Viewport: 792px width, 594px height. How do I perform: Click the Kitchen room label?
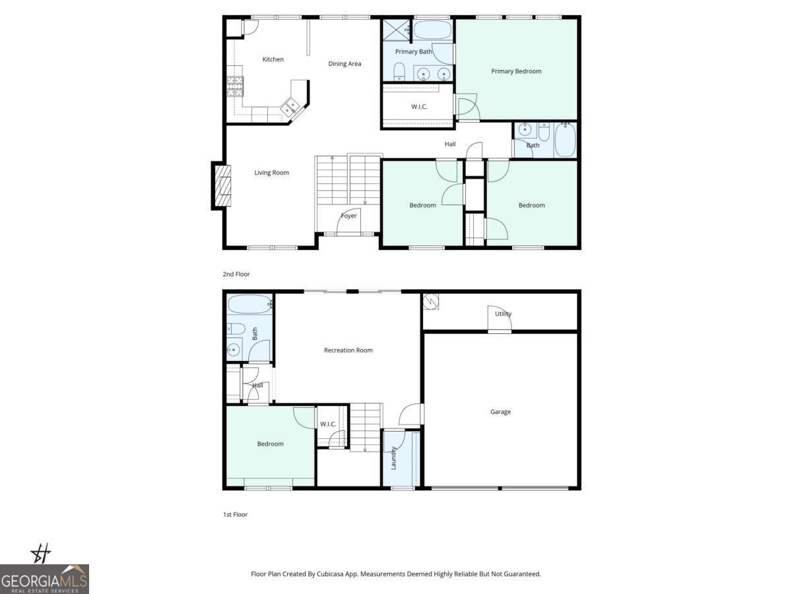click(x=273, y=59)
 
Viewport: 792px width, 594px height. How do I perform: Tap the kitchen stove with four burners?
click(x=236, y=87)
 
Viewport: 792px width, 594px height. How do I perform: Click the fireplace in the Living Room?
click(x=223, y=185)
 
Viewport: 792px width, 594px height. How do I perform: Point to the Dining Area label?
click(x=345, y=64)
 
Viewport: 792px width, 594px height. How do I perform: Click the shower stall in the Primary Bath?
click(x=396, y=30)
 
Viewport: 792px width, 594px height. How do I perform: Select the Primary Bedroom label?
click(x=516, y=71)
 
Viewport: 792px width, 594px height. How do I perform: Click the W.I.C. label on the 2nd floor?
click(x=419, y=106)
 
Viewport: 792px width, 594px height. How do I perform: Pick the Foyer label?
click(x=348, y=216)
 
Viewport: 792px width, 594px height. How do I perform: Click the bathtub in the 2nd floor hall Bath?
click(x=565, y=140)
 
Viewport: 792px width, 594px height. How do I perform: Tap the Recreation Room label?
click(x=348, y=350)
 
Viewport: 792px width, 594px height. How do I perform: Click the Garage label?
click(x=500, y=412)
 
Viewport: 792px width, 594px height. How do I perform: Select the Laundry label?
click(x=393, y=458)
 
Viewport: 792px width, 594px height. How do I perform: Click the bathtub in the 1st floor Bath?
click(x=249, y=305)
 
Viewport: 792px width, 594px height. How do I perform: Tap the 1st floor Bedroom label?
click(x=270, y=444)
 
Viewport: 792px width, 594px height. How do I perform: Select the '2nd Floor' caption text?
click(x=236, y=274)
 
